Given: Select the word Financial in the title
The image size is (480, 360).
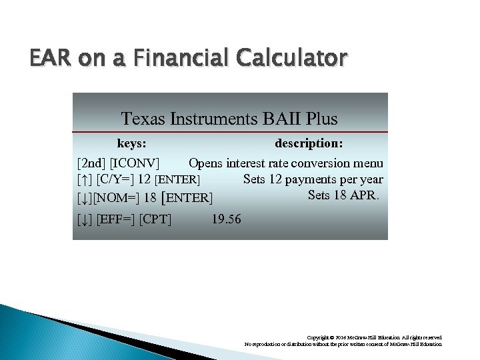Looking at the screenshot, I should coord(172,59).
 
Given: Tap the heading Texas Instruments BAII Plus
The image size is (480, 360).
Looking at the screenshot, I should coord(229,119).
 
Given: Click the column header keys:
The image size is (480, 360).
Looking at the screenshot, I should coord(132,143).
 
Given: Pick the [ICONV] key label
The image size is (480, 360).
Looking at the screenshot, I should coord(135,163).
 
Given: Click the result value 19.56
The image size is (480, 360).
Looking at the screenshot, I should coord(226,219).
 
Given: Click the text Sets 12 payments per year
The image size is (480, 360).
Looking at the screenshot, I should coord(313,179).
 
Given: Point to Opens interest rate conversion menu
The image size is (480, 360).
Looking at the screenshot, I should coord(285,163).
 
